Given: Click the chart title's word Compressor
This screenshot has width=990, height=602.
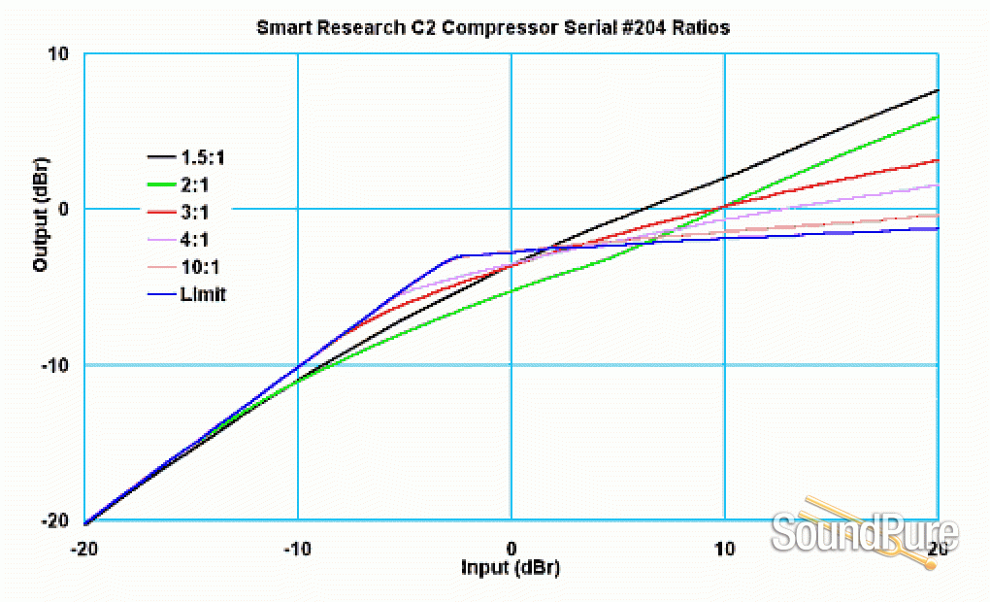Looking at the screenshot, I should point(461,28).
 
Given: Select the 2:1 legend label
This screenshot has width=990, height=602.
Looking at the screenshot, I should point(195,184).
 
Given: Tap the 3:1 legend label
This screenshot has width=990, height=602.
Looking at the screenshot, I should point(195,211).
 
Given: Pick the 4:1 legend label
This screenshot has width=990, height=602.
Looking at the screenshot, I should point(195,238).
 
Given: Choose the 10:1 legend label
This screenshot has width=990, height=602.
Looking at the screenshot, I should point(200,266).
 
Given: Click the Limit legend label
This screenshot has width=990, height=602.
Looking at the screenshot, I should point(202,293).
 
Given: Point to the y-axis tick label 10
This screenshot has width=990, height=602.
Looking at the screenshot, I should point(58,53).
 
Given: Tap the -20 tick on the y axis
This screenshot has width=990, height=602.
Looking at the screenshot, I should point(54,521).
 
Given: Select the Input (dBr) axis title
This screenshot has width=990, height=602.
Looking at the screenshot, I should point(510,567).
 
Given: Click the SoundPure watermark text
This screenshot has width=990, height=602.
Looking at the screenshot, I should point(864,534).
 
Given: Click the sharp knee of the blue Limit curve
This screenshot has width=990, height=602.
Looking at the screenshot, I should point(458,255).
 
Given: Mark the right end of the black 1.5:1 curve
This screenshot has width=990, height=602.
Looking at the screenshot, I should point(937,90).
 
